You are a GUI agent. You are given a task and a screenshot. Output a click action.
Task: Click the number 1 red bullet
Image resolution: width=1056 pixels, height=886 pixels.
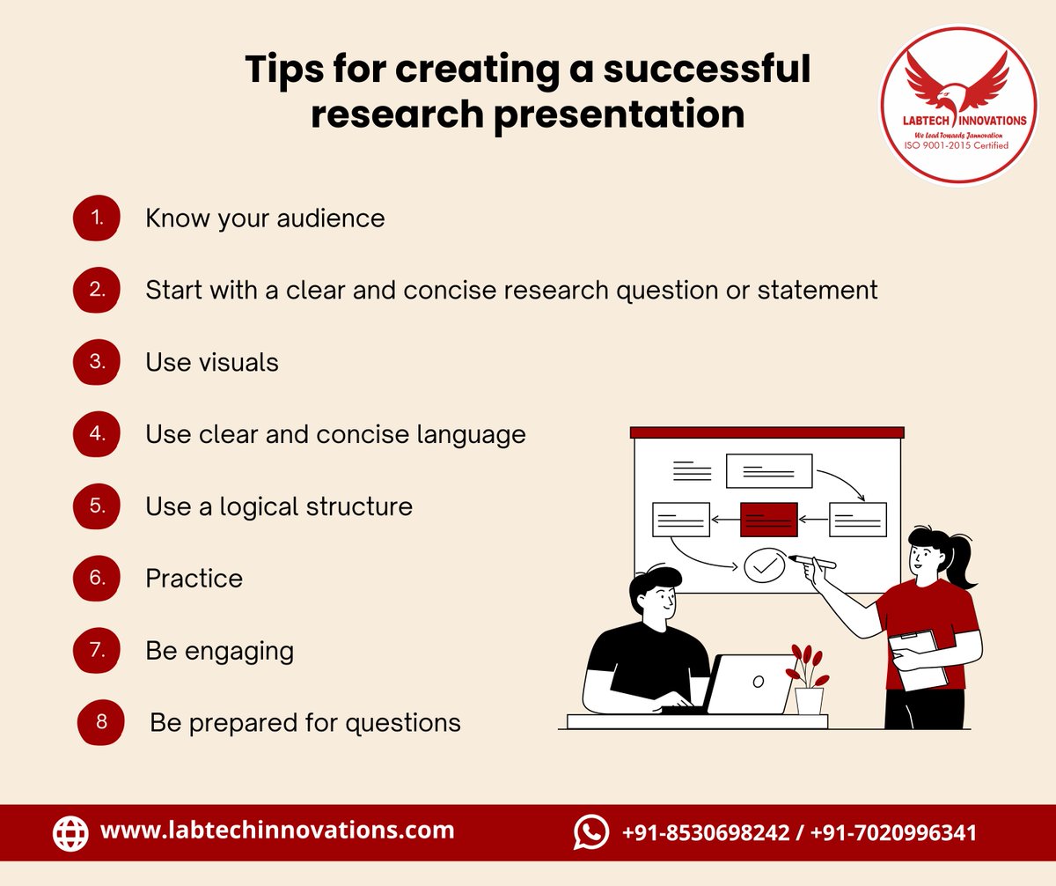pyautogui.click(x=96, y=218)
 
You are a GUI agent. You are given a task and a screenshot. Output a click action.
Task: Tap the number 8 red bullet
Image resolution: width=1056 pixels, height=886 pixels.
pyautogui.click(x=101, y=723)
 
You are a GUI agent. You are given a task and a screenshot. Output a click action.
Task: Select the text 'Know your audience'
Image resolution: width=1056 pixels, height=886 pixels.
pyautogui.click(x=265, y=218)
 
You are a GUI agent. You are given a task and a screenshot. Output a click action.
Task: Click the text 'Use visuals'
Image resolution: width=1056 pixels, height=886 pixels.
pyautogui.click(x=212, y=362)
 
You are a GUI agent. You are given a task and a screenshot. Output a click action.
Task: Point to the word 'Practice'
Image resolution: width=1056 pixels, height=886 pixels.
pyautogui.click(x=194, y=579)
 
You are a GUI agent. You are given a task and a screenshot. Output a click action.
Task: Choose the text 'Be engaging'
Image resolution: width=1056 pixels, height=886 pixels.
pyautogui.click(x=219, y=651)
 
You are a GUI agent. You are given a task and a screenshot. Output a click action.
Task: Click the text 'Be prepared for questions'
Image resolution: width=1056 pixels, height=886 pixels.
pyautogui.click(x=305, y=723)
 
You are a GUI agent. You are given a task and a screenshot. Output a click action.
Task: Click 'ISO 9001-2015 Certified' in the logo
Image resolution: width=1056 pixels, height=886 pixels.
pyautogui.click(x=957, y=145)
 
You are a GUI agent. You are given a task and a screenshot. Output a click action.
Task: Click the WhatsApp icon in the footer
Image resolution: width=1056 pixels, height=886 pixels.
pyautogui.click(x=590, y=832)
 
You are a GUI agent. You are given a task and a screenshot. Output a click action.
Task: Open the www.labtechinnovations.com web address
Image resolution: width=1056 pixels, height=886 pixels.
pyautogui.click(x=277, y=830)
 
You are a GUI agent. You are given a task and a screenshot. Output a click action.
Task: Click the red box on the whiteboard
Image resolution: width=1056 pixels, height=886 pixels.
pyautogui.click(x=769, y=520)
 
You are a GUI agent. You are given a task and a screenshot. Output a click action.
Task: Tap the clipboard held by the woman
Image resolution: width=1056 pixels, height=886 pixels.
pyautogui.click(x=918, y=661)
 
